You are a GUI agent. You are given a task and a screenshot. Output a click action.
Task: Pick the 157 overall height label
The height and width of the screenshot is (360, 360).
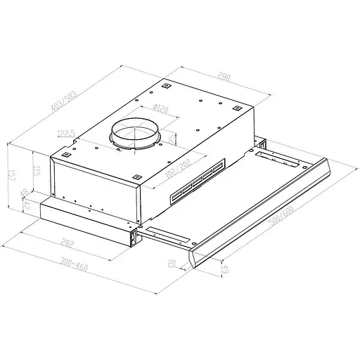[x=11, y=176]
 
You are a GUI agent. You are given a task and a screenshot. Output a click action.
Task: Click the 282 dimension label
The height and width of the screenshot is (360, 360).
[x=66, y=244]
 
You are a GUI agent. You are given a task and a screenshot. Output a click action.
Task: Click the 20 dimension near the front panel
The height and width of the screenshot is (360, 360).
[x=172, y=264]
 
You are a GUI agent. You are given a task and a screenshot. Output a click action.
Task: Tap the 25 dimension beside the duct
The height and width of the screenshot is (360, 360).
[x=173, y=139]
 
